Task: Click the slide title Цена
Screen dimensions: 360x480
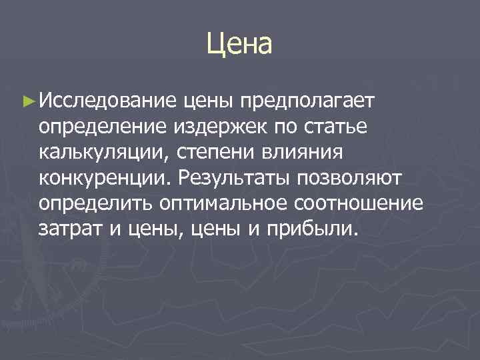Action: [240, 45]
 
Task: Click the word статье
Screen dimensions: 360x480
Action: [329, 127]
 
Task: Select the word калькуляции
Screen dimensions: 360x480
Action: [104, 153]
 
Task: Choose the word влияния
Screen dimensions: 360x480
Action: [300, 153]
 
